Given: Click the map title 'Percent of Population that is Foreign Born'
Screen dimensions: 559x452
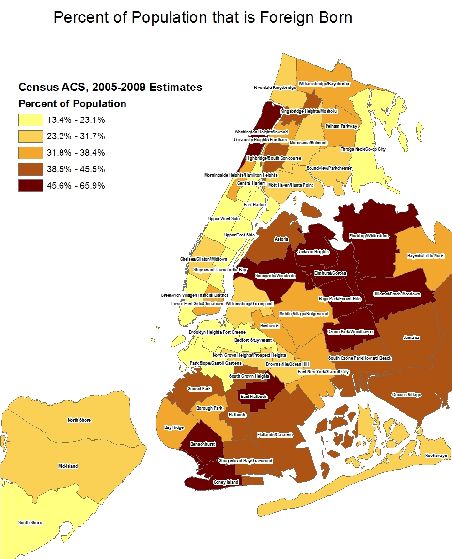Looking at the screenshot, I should click(203, 18).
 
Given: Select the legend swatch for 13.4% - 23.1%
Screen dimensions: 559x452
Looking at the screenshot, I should click(31, 120).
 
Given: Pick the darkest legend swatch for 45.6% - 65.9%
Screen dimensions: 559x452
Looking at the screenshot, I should click(31, 186).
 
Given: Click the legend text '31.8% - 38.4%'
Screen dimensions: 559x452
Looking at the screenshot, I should click(76, 153).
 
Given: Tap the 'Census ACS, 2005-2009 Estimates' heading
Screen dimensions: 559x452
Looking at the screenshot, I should click(110, 88).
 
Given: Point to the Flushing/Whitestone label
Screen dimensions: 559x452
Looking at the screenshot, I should click(369, 236).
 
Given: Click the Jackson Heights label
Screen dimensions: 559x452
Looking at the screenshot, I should click(313, 252).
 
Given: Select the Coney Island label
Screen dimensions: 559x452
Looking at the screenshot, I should click(226, 482).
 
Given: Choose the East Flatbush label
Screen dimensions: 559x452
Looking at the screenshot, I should click(254, 397).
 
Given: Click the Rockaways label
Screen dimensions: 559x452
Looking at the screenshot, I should click(436, 456).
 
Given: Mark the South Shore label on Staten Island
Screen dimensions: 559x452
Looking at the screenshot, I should click(30, 523).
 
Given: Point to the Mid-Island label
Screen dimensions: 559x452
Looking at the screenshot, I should click(67, 466).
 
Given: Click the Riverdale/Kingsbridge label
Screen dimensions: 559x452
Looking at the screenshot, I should click(275, 88).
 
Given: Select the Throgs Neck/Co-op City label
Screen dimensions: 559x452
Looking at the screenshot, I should click(363, 149).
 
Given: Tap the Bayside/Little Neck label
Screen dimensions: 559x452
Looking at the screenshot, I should click(425, 255).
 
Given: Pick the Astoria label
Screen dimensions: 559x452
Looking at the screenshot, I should click(281, 239).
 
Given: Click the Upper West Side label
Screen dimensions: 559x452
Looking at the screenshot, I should click(224, 219).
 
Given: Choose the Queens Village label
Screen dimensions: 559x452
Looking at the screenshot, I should click(406, 395).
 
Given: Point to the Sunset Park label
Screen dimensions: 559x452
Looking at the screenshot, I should click(199, 389).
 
